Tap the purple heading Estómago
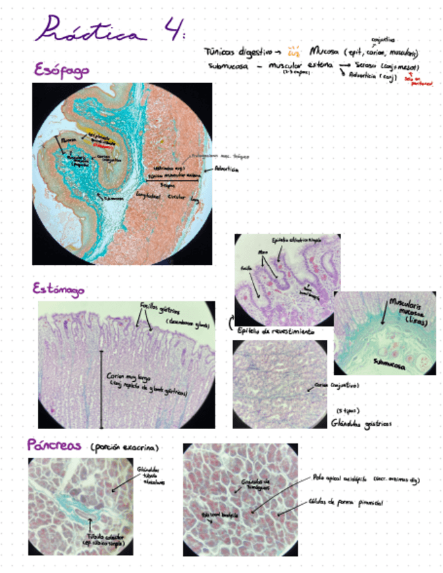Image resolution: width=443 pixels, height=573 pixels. point(59,289)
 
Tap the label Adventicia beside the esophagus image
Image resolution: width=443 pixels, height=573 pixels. point(226,170)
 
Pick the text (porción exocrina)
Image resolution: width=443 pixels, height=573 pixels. point(123,447)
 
